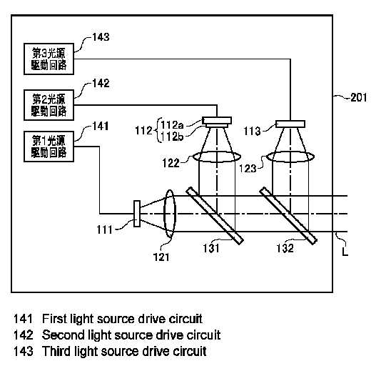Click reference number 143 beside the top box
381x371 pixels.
[x=101, y=37]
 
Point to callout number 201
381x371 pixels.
[x=359, y=97]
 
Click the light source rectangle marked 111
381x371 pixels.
[x=137, y=214]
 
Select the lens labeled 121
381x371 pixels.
[x=170, y=214]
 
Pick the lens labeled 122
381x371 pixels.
[x=217, y=157]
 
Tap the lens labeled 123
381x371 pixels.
[x=290, y=157]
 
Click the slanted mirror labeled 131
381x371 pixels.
[x=215, y=215]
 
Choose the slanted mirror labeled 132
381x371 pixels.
[x=288, y=215]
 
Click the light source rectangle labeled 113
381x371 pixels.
[x=290, y=124]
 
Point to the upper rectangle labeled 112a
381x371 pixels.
[x=217, y=120]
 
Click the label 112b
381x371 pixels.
[x=172, y=137]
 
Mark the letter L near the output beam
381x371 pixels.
[x=345, y=252]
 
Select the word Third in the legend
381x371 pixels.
[x=56, y=351]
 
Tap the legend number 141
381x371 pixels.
[x=23, y=319]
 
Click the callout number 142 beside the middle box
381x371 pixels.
[x=101, y=83]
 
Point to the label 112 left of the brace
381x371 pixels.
[x=143, y=131]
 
